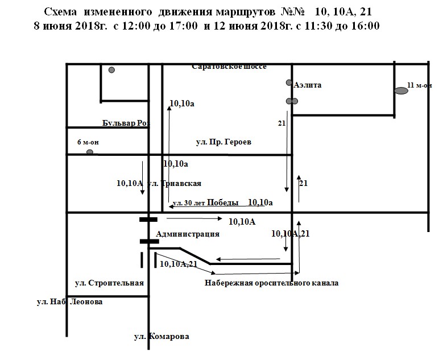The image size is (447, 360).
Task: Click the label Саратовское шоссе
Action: pyautogui.click(x=229, y=67)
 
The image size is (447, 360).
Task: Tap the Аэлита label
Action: pyautogui.click(x=308, y=85)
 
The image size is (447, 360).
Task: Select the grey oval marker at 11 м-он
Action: pyautogui.click(x=402, y=90)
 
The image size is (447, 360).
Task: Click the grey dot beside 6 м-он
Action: pyautogui.click(x=89, y=152)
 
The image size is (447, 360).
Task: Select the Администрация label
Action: pyautogui.click(x=187, y=234)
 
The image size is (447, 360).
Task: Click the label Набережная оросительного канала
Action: pyautogui.click(x=271, y=283)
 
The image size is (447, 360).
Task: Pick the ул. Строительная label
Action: pyautogui.click(x=109, y=283)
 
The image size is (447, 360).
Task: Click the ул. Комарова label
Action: pyautogui.click(x=162, y=336)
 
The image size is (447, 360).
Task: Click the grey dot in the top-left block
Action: pyautogui.click(x=112, y=70)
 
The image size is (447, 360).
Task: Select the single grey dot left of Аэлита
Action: pyautogui.click(x=289, y=83)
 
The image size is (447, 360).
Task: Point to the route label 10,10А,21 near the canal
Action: pyautogui.click(x=179, y=263)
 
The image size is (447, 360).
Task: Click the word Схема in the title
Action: pyautogui.click(x=61, y=11)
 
